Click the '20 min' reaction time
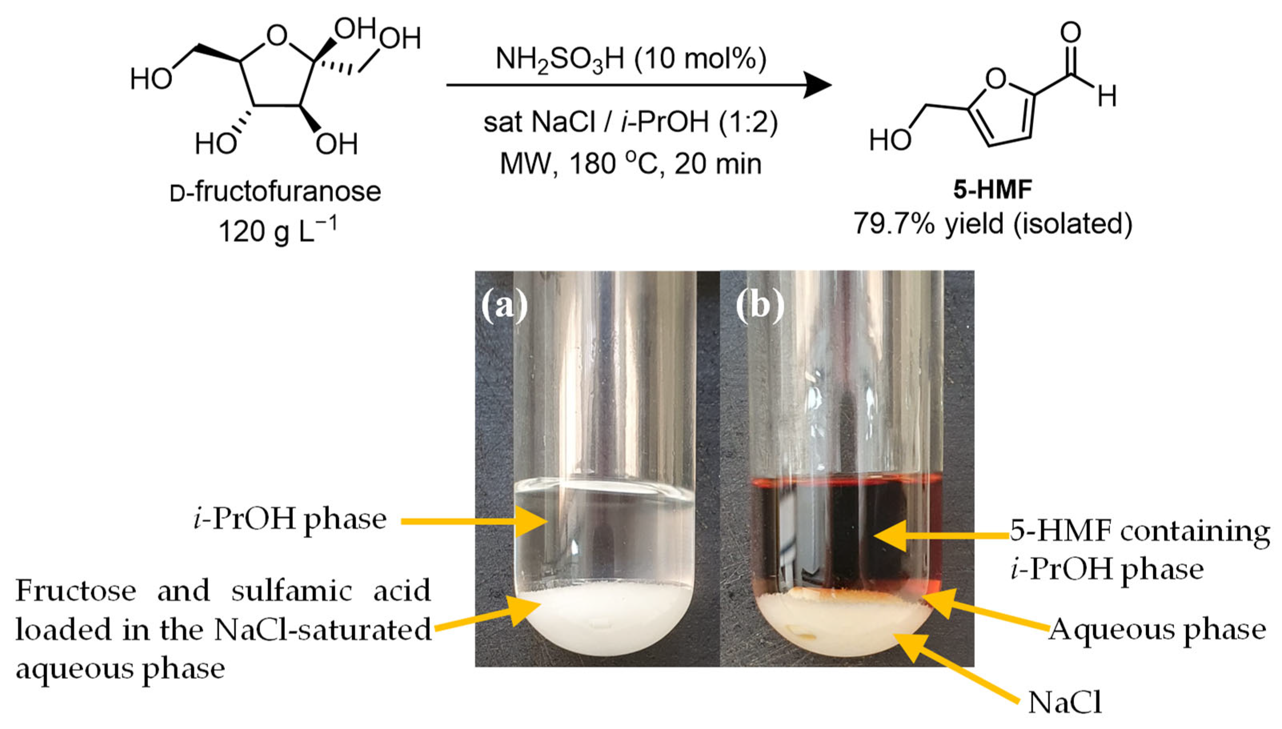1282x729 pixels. tap(718, 164)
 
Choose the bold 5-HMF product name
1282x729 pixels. tap(992, 190)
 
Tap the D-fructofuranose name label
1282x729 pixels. tap(275, 192)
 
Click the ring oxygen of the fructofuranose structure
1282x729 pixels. tap(277, 36)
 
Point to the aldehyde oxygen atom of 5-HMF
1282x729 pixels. tap(1070, 32)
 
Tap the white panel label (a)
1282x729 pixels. tap(504, 305)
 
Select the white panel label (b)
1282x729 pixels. tap(759, 305)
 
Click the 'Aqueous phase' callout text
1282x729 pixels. tap(1157, 629)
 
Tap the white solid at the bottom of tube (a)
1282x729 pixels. tap(603, 621)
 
